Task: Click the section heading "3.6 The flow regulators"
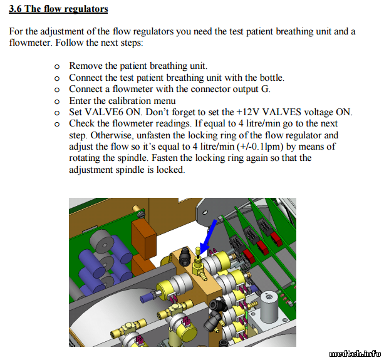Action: [x=58, y=9]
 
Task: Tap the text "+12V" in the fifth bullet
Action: [x=247, y=112]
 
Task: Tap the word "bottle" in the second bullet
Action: [x=271, y=78]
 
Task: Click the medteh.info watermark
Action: [x=355, y=354]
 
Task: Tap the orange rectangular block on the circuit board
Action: [x=143, y=240]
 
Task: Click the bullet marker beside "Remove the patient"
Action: [x=57, y=66]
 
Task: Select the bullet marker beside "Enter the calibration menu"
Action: [x=57, y=101]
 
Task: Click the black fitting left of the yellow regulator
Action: [x=185, y=256]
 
